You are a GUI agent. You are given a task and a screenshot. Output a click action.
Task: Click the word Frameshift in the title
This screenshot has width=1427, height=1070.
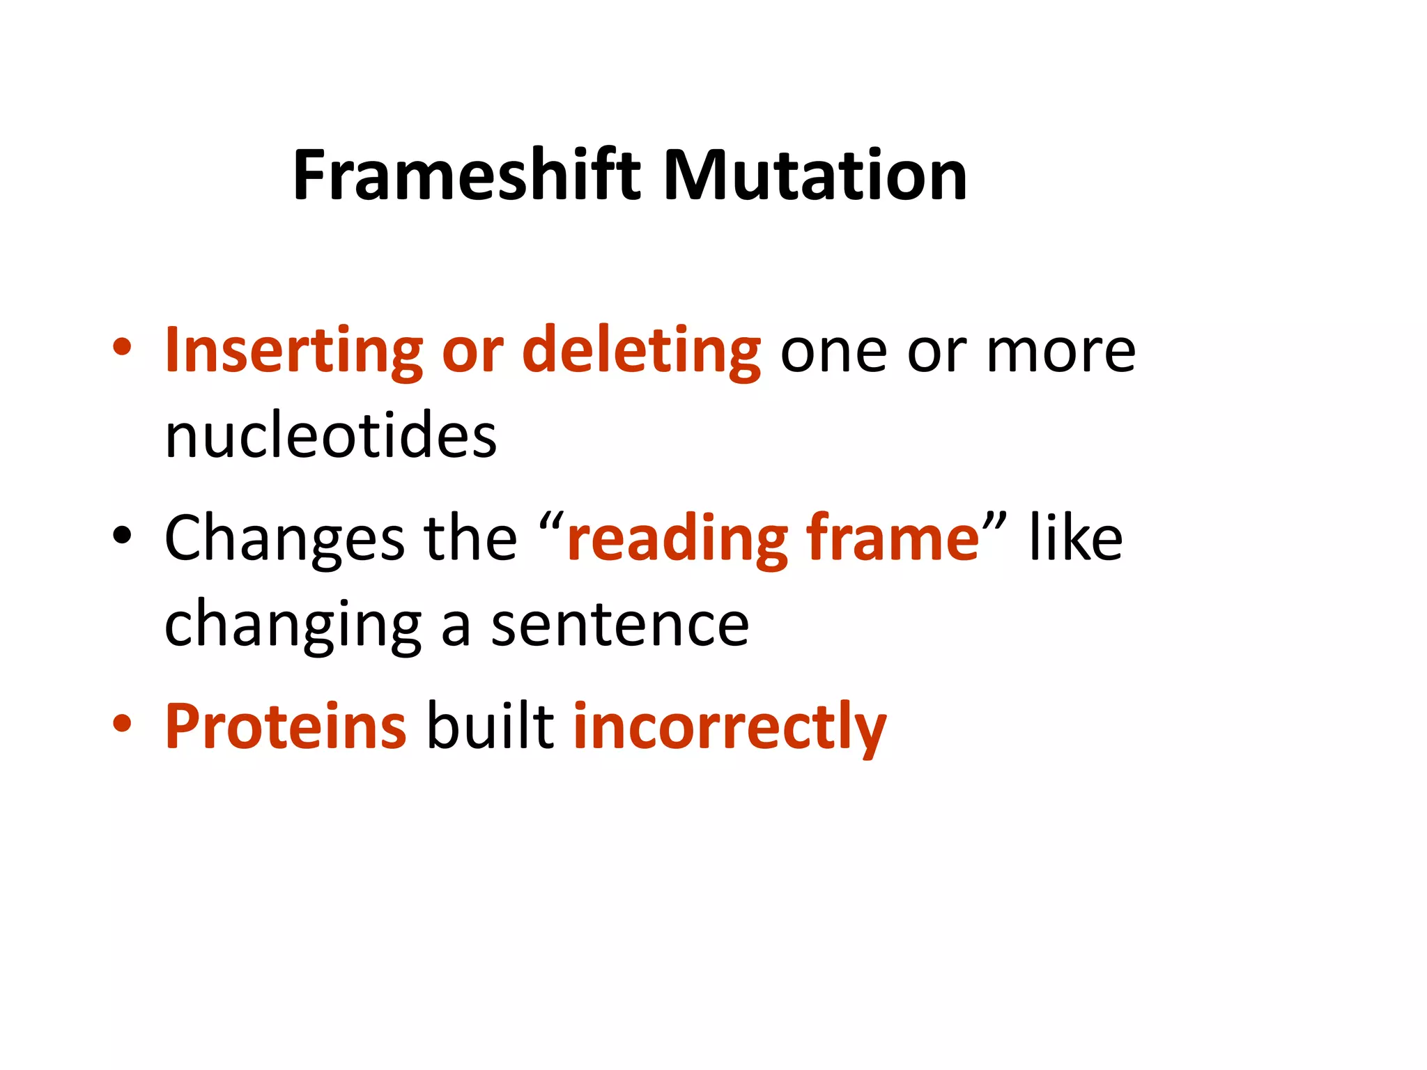(x=465, y=176)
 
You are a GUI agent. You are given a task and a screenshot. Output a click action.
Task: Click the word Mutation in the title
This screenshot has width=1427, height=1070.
(x=815, y=176)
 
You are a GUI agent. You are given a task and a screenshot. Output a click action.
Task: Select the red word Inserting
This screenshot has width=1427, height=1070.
(x=293, y=351)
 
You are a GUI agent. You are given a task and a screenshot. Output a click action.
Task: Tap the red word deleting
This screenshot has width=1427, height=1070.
(x=641, y=351)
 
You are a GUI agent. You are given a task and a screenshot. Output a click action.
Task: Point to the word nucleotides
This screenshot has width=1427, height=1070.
(x=331, y=436)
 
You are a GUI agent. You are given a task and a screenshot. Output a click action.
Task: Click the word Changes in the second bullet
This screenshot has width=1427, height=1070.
(x=284, y=538)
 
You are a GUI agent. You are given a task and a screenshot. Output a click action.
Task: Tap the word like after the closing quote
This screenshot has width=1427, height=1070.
(x=1075, y=538)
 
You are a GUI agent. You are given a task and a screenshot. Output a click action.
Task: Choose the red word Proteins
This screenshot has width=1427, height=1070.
(x=286, y=727)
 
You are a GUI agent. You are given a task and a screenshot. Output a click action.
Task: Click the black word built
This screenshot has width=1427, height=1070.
(x=490, y=727)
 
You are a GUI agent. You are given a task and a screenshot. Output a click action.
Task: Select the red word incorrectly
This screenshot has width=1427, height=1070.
(x=730, y=727)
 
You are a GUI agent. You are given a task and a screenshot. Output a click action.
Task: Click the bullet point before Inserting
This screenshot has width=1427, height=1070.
(x=122, y=348)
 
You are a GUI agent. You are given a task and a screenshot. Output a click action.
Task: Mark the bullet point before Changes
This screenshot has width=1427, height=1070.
(x=122, y=536)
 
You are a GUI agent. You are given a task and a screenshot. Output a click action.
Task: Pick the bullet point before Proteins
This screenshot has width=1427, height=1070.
(x=122, y=724)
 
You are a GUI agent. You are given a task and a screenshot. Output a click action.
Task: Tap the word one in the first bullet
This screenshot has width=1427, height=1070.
(x=833, y=351)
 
